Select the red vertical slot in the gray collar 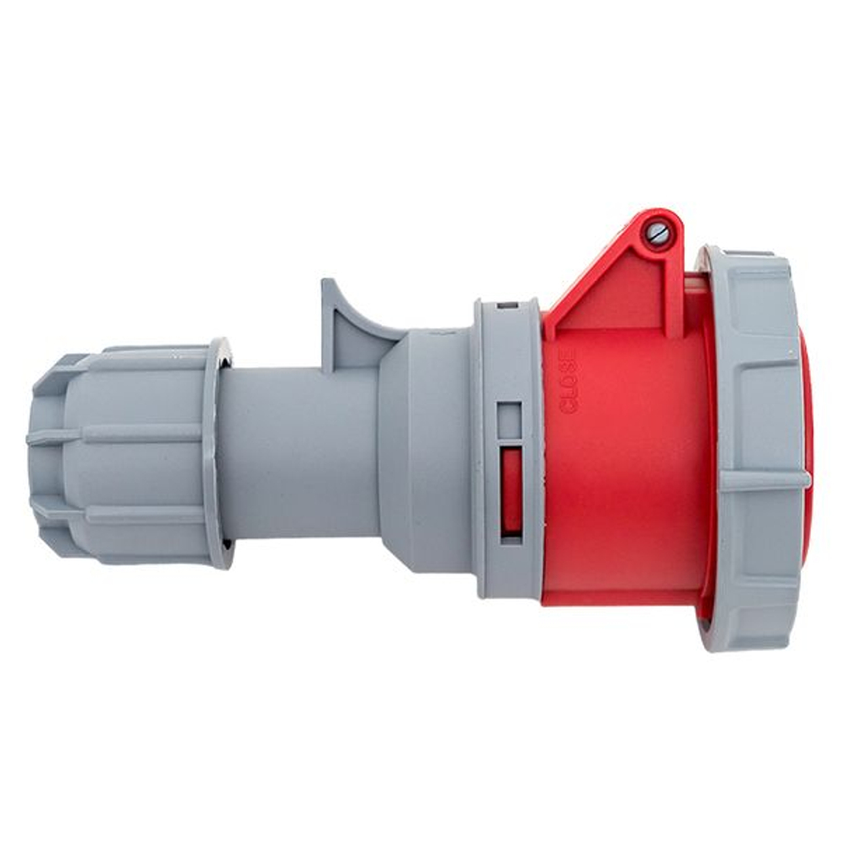pos(511,491)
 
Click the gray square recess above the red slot pos(510,420)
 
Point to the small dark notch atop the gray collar pos(507,306)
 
